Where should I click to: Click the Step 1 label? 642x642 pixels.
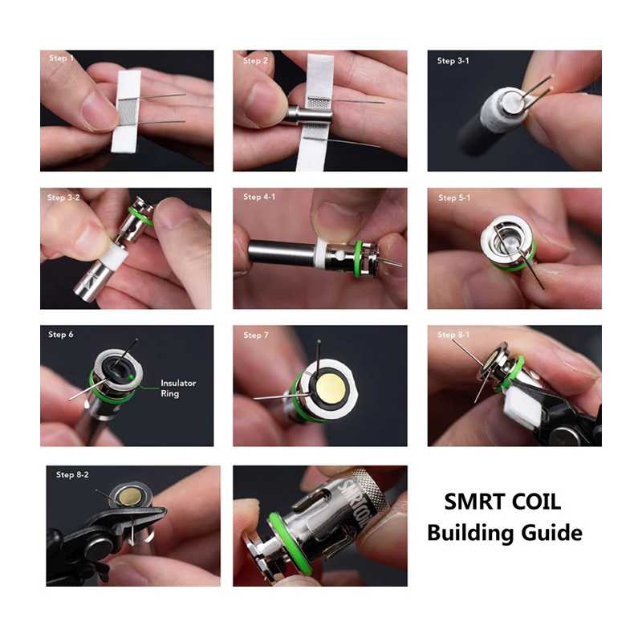62,58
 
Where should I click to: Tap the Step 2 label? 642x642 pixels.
255,61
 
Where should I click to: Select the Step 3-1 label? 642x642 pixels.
453,61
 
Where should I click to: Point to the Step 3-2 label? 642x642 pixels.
63,197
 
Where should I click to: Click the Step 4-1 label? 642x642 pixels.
259,197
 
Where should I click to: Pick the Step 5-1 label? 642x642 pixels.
454,197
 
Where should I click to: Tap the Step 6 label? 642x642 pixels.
61,334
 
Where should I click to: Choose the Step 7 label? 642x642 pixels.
256,335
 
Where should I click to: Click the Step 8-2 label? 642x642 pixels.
72,474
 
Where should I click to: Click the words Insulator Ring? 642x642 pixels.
178,388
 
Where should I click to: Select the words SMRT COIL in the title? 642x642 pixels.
502,502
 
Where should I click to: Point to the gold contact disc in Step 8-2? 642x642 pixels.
128,496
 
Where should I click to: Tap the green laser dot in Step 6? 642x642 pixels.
131,376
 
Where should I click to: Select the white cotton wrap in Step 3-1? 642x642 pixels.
500,111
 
